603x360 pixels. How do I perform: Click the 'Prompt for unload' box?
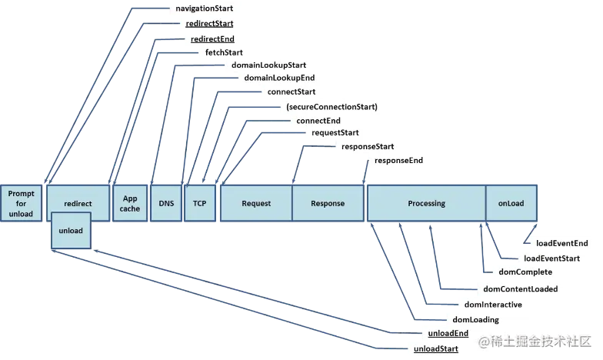21,204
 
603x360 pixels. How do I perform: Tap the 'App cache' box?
130,204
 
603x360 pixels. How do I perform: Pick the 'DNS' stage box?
167,204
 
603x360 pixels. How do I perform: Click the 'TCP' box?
200,204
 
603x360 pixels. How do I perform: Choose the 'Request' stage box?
256,204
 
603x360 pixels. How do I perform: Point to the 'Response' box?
328,204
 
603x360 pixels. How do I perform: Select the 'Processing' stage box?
426,204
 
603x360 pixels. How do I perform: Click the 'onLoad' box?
511,204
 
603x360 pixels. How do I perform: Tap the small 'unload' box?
70,231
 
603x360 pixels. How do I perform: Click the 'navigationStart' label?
201,8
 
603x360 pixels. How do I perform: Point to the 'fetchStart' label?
224,52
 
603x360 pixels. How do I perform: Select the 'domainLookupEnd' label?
279,78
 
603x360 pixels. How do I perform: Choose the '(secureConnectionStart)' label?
331,106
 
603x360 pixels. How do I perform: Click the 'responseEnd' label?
398,160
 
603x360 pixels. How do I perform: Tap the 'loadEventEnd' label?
562,243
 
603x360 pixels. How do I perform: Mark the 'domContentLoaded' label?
520,289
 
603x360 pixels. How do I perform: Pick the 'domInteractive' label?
493,305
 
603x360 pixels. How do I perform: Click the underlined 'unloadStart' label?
435,349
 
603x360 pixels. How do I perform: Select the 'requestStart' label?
335,133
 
